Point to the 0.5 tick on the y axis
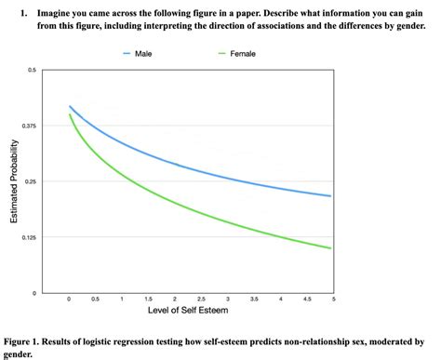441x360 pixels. pos(33,71)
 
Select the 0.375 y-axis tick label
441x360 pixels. pos(30,126)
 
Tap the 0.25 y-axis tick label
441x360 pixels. pos(32,181)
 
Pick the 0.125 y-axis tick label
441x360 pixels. pos(30,237)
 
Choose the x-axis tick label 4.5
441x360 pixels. pos(307,299)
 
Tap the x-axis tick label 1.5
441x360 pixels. pos(149,299)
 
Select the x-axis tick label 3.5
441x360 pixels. pos(254,299)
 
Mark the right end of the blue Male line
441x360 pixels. pos(332,196)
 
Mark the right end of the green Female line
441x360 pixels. pos(332,248)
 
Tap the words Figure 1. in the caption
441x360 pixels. pos(22,342)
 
